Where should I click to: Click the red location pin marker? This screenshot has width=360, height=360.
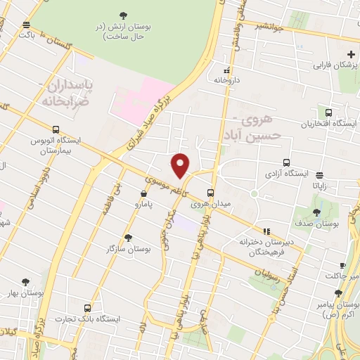coord(180,165)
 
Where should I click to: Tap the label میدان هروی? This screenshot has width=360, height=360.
coord(210,205)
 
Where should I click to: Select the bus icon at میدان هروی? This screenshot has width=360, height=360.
coord(210,193)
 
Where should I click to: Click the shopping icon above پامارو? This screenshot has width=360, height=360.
coord(143,193)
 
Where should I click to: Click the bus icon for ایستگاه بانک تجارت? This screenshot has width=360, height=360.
coord(87,308)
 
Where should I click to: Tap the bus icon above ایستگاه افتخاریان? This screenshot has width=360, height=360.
coord(328,112)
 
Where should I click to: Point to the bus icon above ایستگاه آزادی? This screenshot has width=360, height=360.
coord(285,162)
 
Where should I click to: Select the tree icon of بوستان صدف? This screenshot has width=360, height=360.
coord(316,212)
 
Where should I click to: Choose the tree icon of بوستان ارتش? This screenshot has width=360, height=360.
coord(124,15)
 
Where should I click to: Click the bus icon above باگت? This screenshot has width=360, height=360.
coord(26,23)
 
